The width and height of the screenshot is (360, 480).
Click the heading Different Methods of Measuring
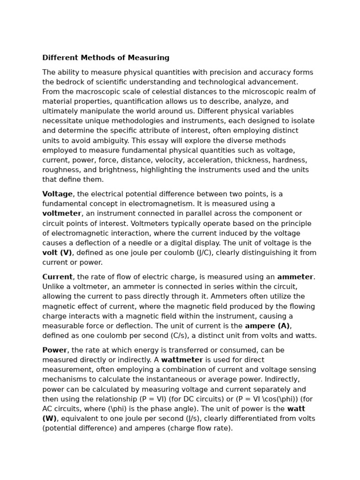coord(106,58)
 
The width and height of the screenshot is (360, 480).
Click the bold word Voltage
coord(58,194)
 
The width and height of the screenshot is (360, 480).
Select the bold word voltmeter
coord(62,214)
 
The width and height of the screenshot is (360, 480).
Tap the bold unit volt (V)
coord(57,253)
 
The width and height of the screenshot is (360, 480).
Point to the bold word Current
coord(57,277)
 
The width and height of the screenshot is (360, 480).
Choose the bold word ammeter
coord(295,277)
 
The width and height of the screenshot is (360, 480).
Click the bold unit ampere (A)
coord(267,326)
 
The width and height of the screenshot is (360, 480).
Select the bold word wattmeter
coord(182,360)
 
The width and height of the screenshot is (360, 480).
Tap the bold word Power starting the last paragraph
coord(55,350)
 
